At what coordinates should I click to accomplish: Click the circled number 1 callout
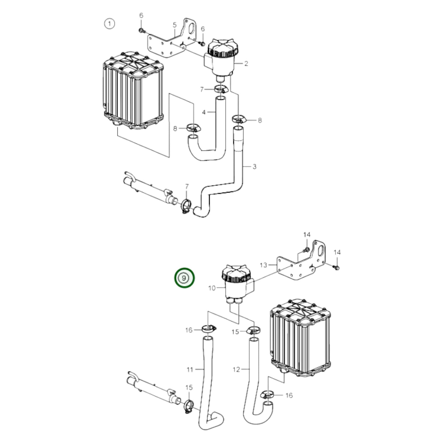(109, 24)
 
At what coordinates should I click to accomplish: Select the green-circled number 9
(184, 278)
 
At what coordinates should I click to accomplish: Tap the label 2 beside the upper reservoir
(246, 64)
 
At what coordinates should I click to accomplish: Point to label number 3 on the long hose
(254, 167)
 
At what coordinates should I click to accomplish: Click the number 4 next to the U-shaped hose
(174, 25)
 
